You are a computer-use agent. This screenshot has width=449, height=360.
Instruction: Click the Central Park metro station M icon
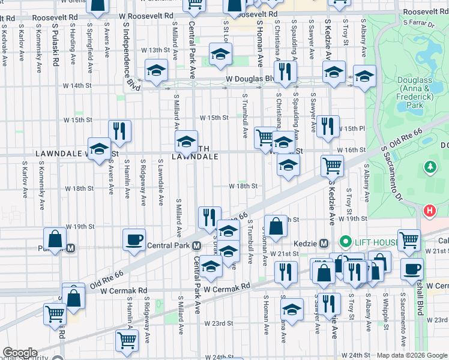pyautogui.click(x=196, y=246)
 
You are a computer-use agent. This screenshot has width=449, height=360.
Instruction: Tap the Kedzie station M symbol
pyautogui.click(x=324, y=243)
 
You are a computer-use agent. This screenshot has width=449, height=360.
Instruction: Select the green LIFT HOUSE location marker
pyautogui.click(x=345, y=242)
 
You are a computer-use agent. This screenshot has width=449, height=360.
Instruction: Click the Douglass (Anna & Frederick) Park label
pyautogui.click(x=411, y=96)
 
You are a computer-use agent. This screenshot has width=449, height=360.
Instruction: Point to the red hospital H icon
pyautogui.click(x=430, y=211)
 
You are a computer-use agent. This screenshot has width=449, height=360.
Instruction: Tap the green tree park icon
pyautogui.click(x=430, y=166)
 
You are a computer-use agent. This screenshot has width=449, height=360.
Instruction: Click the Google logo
pyautogui.click(x=19, y=353)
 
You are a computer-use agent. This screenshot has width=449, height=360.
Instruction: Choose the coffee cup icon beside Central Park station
pyautogui.click(x=133, y=239)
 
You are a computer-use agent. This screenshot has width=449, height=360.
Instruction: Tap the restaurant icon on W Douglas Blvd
pyautogui.click(x=285, y=71)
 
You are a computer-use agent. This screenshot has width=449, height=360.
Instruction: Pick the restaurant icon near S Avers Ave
pyautogui.click(x=119, y=131)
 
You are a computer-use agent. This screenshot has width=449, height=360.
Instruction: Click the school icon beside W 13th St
pyautogui.click(x=220, y=55)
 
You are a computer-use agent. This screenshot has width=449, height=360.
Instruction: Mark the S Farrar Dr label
pyautogui.click(x=418, y=23)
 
